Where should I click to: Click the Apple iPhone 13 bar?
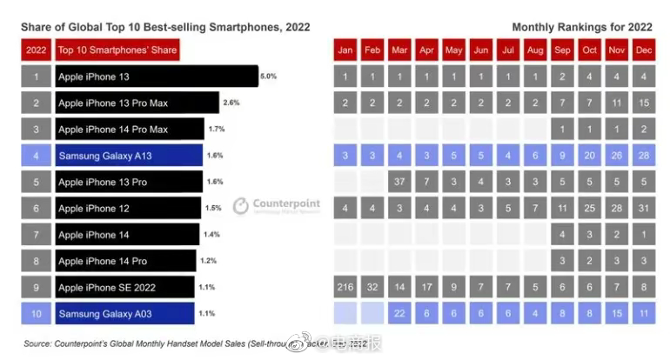click(x=157, y=77)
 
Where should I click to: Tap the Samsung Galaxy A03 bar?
click(x=124, y=313)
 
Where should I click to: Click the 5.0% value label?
click(x=268, y=77)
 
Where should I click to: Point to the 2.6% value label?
click(x=231, y=103)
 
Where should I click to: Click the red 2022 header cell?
click(x=37, y=50)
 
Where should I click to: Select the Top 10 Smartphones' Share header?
click(x=117, y=50)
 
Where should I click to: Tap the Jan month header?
click(x=345, y=50)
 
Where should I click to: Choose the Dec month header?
click(x=645, y=50)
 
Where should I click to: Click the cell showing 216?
click(x=345, y=287)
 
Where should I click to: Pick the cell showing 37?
click(x=399, y=183)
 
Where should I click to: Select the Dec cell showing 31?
click(x=645, y=209)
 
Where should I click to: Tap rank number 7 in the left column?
click(x=37, y=235)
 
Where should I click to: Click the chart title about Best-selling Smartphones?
click(x=165, y=28)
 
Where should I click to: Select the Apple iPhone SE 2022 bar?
click(x=124, y=287)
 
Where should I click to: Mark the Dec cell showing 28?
click(x=645, y=157)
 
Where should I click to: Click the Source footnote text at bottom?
click(x=174, y=345)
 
